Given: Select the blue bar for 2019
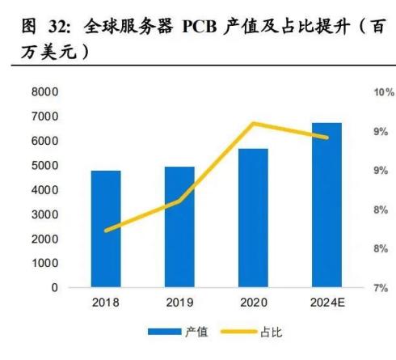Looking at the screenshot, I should (180, 227).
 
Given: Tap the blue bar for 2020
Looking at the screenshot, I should (253, 218).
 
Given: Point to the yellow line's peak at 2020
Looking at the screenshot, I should (253, 124).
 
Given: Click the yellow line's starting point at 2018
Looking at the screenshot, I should (106, 231).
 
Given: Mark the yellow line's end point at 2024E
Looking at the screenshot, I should (327, 138).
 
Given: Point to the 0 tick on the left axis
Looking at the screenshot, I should (54, 288).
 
